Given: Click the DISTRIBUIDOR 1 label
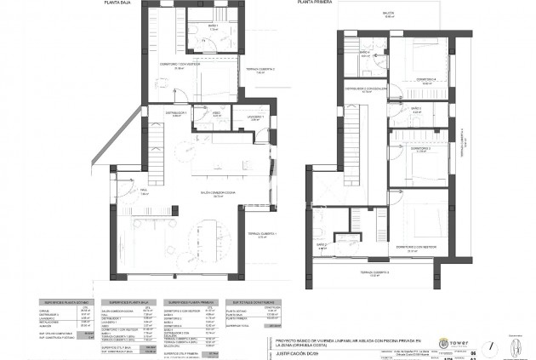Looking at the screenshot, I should (x=175, y=112).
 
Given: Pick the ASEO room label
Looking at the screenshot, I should (x=217, y=112).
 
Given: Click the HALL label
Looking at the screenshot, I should (x=144, y=191).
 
